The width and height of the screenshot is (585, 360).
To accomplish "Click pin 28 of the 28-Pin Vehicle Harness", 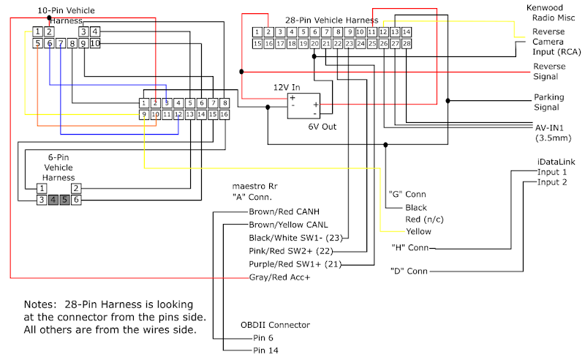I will [407, 44].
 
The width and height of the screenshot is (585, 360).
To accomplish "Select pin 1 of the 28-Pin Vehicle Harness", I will [257, 32].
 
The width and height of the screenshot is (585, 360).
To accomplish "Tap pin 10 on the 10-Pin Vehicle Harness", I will [95, 44].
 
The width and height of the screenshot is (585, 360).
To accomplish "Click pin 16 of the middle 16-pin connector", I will [224, 115].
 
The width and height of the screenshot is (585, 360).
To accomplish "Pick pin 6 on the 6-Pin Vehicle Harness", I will [75, 199].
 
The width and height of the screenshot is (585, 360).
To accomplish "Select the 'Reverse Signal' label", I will [548, 71].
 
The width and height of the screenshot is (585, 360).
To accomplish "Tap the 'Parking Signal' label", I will [548, 102].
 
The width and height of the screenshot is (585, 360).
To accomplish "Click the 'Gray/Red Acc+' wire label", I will [279, 278].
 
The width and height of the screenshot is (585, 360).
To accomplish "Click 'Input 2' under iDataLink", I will [552, 182].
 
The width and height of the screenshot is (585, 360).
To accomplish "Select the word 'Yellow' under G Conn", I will [418, 231].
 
